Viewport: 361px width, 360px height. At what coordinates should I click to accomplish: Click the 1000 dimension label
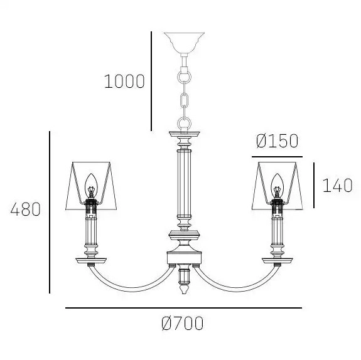[124, 82]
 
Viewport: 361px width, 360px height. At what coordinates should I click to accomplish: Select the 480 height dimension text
[26, 209]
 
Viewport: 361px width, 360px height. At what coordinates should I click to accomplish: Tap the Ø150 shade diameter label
[277, 141]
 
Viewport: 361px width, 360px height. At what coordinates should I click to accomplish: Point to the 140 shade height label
[337, 186]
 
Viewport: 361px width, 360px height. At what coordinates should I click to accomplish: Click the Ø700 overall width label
[182, 324]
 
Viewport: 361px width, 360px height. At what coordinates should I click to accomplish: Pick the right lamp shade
[277, 185]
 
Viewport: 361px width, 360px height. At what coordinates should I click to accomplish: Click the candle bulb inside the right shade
[277, 183]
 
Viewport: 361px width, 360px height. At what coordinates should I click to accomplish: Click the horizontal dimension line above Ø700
[183, 308]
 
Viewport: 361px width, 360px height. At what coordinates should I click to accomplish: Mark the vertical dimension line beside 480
[50, 212]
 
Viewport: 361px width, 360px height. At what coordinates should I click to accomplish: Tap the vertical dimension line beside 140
[313, 186]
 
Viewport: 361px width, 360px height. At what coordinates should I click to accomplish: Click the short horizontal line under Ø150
[277, 156]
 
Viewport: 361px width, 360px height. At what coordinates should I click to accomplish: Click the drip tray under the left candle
[89, 258]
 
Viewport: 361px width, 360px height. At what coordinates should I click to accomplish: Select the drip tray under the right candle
[277, 258]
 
